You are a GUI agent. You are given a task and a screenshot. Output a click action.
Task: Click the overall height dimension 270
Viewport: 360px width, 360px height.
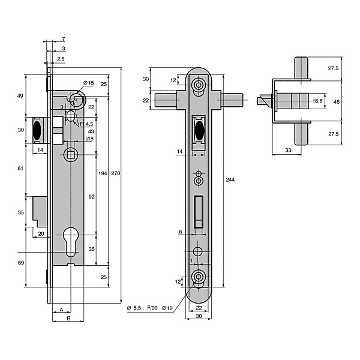[x=116, y=173]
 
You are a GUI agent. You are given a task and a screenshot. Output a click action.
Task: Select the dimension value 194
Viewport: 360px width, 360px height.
[x=103, y=173]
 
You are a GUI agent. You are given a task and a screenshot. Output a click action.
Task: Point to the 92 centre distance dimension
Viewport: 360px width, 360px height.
[x=92, y=196]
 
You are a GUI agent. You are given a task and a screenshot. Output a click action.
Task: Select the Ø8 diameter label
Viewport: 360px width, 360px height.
[x=89, y=139]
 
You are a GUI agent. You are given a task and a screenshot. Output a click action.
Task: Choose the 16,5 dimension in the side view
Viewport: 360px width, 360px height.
[x=317, y=102]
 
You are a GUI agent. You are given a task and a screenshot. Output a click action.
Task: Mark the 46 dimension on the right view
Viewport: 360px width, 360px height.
[x=337, y=102]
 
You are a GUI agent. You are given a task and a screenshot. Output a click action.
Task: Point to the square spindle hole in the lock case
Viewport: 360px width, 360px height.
[x=71, y=154]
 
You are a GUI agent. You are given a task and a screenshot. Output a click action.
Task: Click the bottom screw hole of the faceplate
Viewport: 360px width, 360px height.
[x=199, y=277]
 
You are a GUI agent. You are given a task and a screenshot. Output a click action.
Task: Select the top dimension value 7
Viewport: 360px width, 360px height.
[x=64, y=38]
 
